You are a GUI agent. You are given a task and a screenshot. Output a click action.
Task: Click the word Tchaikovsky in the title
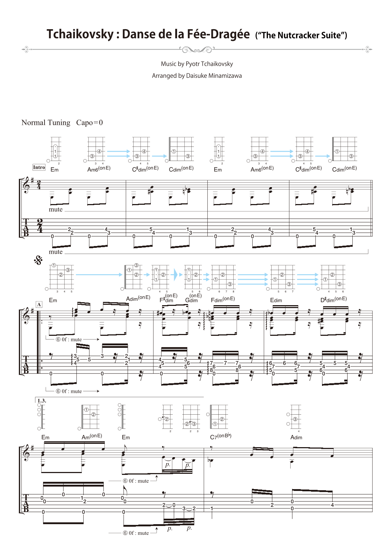coord(80,34)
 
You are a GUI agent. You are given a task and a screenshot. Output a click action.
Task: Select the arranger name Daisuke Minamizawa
coord(214,76)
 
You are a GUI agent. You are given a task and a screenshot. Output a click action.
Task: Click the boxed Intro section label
coord(39,167)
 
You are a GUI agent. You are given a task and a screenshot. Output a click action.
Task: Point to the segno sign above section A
coord(38,261)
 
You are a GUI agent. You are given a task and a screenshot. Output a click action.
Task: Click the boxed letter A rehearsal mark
coord(39,304)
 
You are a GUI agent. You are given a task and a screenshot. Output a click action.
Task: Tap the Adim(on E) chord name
coord(138,298)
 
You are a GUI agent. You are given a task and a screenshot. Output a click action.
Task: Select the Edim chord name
coord(276,300)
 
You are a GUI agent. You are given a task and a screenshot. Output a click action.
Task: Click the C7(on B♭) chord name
coord(221,437)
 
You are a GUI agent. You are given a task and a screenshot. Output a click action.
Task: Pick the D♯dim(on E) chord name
coord(333,299)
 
